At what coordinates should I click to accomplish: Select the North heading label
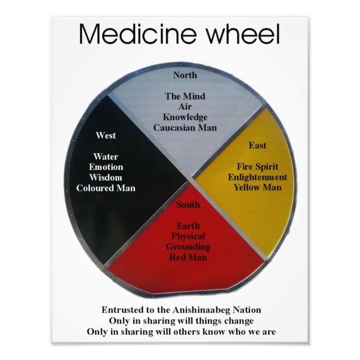point(184,75)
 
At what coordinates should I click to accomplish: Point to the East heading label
point(257,145)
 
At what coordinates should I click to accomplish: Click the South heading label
point(188,205)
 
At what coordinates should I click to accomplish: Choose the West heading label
point(106,135)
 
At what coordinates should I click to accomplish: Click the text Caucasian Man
point(184,127)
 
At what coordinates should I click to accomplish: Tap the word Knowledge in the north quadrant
point(184,117)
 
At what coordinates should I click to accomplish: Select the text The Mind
point(184,96)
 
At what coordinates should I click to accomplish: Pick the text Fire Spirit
point(257,167)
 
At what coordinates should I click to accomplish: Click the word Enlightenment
point(257,177)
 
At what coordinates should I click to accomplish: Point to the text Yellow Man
point(257,187)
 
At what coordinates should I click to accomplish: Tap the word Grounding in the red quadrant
point(188,247)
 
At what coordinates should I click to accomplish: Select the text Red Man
point(188,257)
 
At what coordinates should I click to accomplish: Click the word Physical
point(188,236)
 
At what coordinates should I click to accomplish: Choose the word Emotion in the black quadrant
point(106,167)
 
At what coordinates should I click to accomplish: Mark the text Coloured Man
point(106,188)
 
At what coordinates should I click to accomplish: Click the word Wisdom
point(106,177)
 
